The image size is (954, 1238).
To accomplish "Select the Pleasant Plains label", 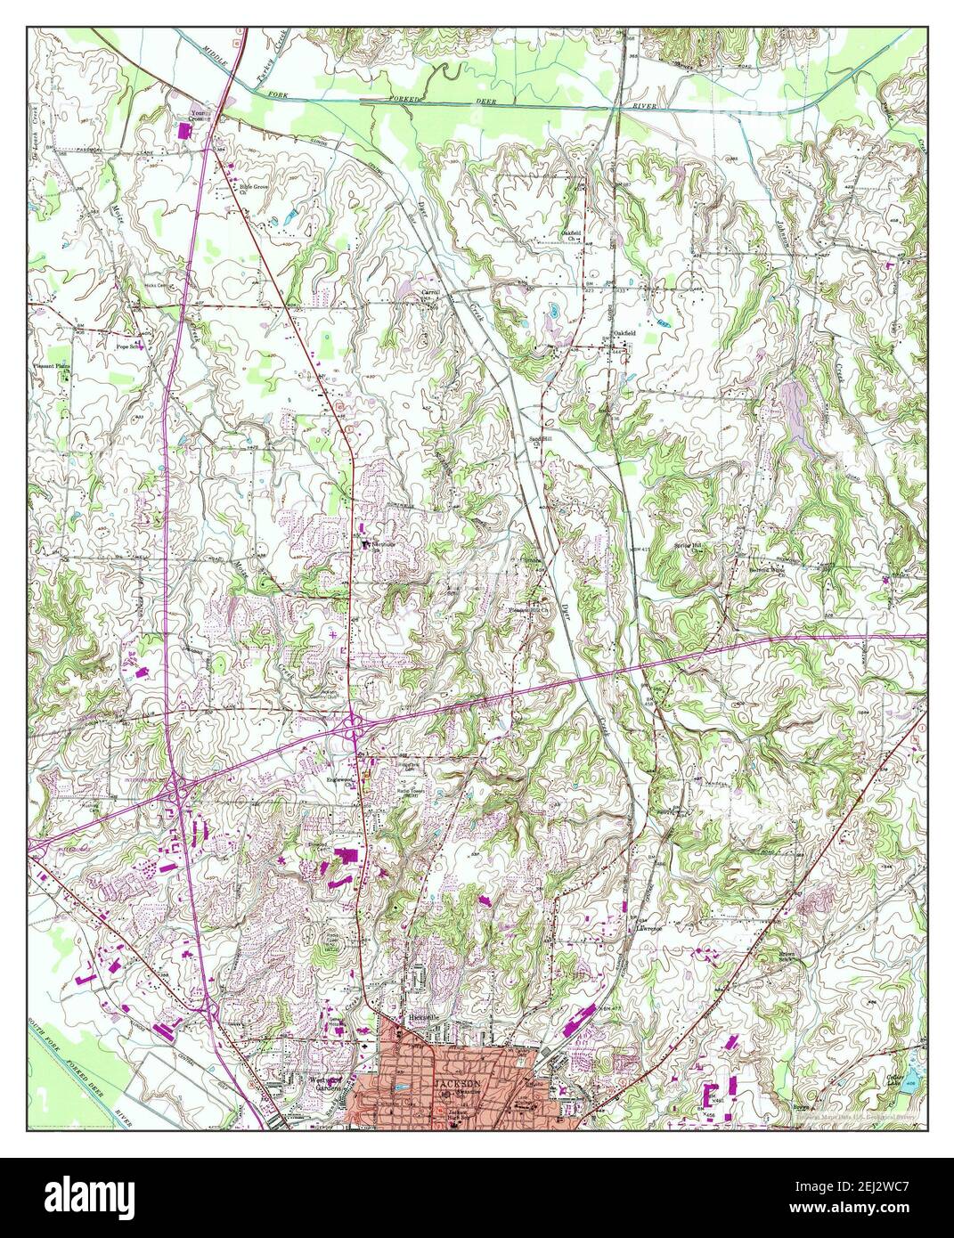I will tap(51, 366).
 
